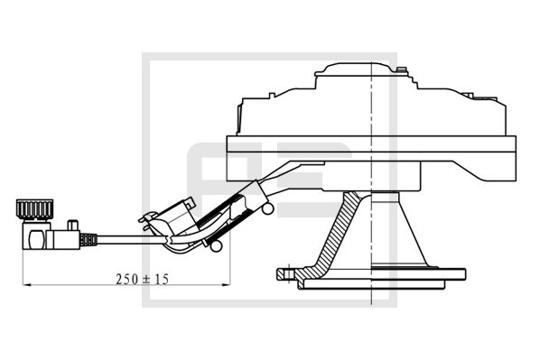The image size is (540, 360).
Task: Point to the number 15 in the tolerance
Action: point(162,279)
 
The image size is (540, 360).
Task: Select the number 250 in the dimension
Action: point(124,279)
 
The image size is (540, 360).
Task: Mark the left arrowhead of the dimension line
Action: point(23,286)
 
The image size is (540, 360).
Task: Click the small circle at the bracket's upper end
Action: point(268,209)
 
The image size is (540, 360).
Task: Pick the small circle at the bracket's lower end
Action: point(216,245)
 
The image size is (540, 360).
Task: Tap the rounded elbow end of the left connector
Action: point(35,241)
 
